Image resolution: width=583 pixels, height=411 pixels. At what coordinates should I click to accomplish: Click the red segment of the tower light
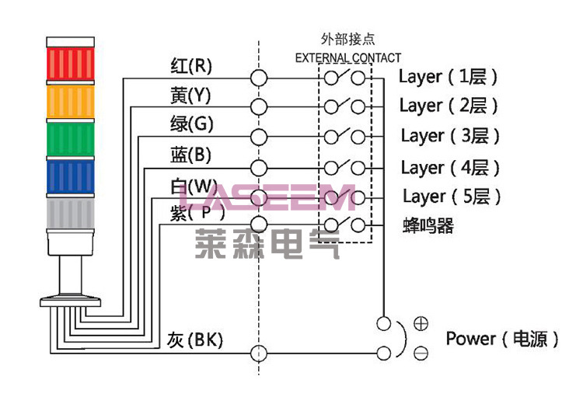pos(70,64)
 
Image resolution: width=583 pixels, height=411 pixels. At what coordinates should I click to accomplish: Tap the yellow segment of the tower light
pos(70,102)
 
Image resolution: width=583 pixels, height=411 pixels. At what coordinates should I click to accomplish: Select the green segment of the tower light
pos(70,139)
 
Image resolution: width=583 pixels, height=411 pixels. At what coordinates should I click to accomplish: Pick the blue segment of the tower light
pos(70,177)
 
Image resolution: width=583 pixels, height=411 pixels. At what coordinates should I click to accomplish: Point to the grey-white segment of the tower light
pos(70,214)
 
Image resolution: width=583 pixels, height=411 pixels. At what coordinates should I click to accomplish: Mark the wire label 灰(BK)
pos(194,340)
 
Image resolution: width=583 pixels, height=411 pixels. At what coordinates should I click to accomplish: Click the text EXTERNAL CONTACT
pos(348,57)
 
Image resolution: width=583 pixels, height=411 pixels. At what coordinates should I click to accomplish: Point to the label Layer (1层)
pos(448,76)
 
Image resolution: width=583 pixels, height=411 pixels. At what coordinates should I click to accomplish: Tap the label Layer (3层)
pos(450,136)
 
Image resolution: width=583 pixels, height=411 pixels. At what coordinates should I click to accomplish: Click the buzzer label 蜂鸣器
pos(428,226)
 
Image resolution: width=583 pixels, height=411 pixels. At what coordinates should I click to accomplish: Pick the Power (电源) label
pos(502,339)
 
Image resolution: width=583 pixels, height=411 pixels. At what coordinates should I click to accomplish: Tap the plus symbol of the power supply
pos(421,322)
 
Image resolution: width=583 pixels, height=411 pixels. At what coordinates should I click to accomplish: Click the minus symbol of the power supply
pos(421,354)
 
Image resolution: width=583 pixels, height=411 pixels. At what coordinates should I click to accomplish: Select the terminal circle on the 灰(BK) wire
pos(258,354)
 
